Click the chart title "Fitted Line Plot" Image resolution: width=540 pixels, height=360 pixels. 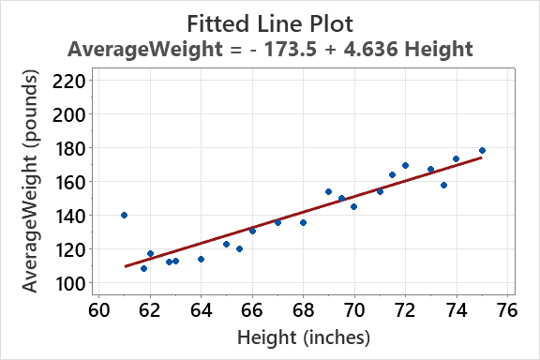pos(270,22)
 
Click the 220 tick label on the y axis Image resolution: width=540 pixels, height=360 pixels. pos(71,81)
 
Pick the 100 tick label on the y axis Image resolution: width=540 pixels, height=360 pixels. pos(71,283)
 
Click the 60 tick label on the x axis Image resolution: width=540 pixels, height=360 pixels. pos(98,308)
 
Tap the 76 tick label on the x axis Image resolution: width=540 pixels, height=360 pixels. pos(507,308)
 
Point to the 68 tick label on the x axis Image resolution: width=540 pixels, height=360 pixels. pos(303,308)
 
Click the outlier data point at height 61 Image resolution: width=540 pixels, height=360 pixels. pos(124,215)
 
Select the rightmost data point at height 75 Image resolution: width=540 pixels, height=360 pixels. pos(482,150)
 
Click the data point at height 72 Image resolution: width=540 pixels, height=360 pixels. pos(405,165)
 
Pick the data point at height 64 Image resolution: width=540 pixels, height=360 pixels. pos(201,259)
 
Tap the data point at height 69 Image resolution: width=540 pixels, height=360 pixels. pos(328,191)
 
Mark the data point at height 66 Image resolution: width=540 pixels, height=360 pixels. pos(252,231)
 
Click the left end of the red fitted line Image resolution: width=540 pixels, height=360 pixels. pos(125,266)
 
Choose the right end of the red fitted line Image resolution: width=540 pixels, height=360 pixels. pos(482,157)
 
